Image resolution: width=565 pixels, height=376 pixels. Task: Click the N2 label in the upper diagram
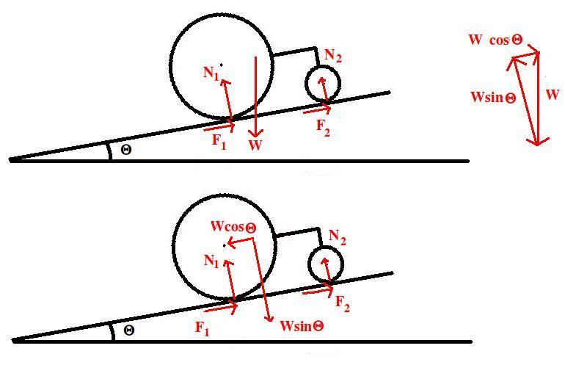tap(333, 56)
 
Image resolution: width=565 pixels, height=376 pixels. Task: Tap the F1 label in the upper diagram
tap(219, 141)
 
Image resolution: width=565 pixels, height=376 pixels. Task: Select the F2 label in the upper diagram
tap(324, 126)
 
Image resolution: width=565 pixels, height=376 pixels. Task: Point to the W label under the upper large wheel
tap(255, 145)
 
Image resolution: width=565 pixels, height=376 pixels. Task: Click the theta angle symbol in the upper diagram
tap(126, 149)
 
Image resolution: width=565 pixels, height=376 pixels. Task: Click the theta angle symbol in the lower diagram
tap(128, 330)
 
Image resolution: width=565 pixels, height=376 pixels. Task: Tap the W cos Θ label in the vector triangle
tap(495, 40)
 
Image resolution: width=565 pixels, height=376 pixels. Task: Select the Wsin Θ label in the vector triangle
tap(492, 97)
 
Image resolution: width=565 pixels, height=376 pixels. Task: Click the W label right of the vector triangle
tap(553, 95)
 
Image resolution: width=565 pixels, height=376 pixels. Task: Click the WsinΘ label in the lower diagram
tap(302, 325)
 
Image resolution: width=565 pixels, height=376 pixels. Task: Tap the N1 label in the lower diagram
tap(213, 261)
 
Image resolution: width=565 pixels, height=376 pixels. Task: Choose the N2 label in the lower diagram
tap(337, 237)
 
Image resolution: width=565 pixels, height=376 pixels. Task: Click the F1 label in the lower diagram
tap(203, 329)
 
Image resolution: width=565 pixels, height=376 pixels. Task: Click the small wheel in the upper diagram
tap(323, 83)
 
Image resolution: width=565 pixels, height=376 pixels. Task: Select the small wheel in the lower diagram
tap(325, 264)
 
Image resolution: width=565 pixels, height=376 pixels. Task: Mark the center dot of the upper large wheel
tap(221, 64)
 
